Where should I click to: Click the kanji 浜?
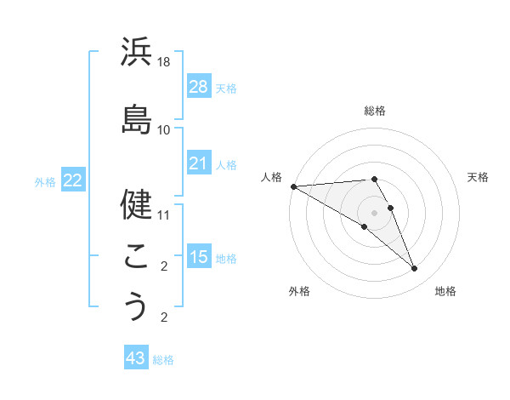coord(136,54)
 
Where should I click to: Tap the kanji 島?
coord(136,119)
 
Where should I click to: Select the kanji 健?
coord(136,204)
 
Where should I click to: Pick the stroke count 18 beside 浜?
coord(164,63)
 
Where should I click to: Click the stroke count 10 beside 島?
coord(164,130)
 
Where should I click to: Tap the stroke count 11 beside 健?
coord(164,215)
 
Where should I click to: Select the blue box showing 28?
coord(198,87)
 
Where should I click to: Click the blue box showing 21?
coord(198,163)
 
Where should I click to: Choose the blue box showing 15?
coord(198,256)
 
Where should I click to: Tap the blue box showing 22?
coord(72,180)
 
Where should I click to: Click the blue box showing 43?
coord(136,358)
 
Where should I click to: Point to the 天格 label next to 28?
coord(226,88)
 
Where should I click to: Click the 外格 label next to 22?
coord(45,180)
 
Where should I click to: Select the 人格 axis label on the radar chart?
coord(271,177)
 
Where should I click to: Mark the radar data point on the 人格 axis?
coord(293,186)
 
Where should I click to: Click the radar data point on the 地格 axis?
coord(415,269)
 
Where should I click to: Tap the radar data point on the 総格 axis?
coord(374,179)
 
